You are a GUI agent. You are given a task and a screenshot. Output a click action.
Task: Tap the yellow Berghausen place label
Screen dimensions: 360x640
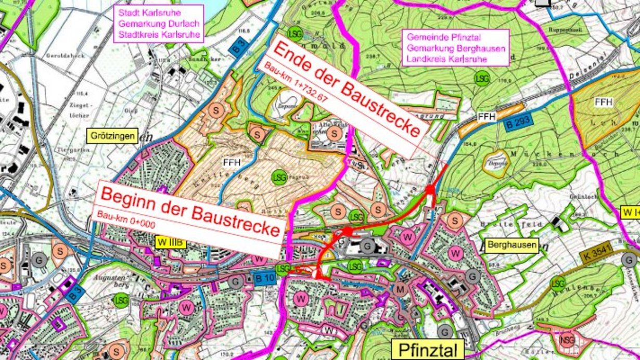(511, 246)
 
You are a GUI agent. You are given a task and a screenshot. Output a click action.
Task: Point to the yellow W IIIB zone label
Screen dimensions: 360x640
(171, 242)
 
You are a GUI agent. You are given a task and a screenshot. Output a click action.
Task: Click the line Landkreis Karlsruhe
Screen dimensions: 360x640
(447, 59)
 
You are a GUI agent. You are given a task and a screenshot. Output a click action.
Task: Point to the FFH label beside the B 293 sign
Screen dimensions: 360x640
(485, 116)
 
